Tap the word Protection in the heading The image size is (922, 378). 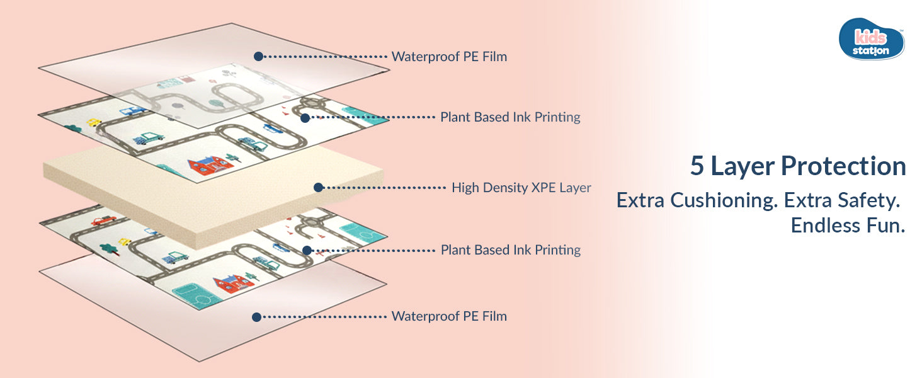(x=844, y=166)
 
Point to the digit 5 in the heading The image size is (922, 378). (x=697, y=166)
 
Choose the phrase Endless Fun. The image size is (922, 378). (x=848, y=226)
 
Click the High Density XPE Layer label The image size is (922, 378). (x=521, y=187)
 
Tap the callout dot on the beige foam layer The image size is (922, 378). (x=318, y=187)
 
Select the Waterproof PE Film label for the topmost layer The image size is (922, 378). (x=449, y=57)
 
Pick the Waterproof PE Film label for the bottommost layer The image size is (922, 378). (x=449, y=316)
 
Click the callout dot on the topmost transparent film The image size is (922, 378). (x=258, y=56)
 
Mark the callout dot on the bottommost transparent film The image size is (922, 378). (x=256, y=317)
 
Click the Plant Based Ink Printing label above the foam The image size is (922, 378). (x=510, y=117)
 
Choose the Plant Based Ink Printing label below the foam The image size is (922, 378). (x=510, y=250)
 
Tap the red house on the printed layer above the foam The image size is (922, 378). (x=210, y=165)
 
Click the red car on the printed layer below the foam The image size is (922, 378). (x=103, y=220)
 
